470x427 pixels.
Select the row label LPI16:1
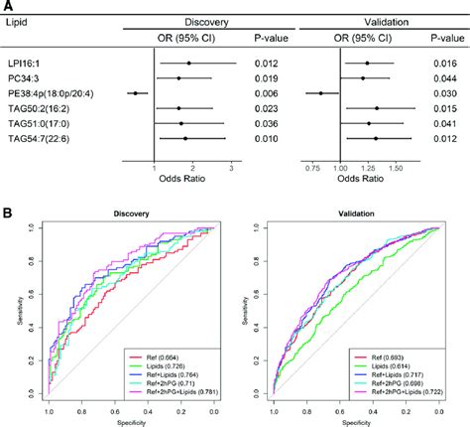click(31, 63)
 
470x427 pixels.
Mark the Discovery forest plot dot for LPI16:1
click(188, 63)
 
